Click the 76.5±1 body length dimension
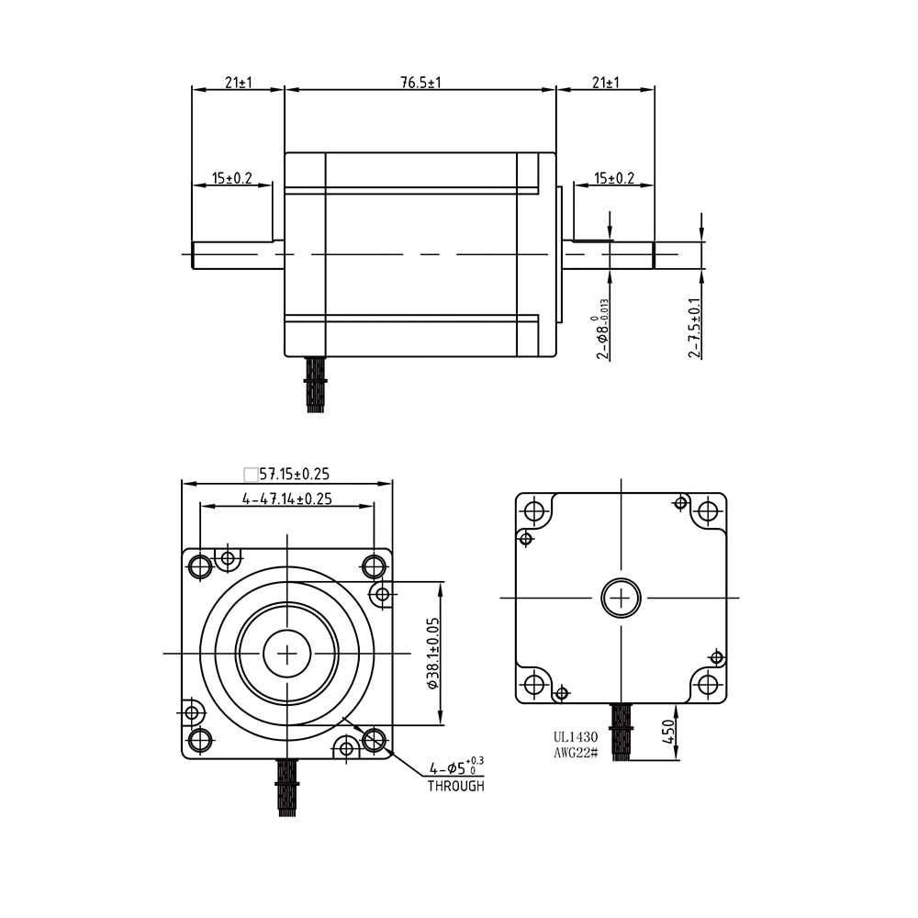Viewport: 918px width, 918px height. point(420,83)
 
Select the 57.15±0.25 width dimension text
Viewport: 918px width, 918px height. point(295,474)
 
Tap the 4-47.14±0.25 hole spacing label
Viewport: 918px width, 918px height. point(286,498)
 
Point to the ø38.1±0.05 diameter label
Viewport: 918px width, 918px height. point(433,653)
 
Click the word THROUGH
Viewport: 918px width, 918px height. point(456,787)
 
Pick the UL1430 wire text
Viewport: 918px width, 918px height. point(576,738)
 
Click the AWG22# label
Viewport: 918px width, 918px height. point(576,753)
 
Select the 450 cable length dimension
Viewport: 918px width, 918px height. point(668,732)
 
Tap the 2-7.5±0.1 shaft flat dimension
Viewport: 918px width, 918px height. point(694,328)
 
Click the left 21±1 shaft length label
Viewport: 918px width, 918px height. point(239,83)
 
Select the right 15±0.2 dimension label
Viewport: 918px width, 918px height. point(613,178)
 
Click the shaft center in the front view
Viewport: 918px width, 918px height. point(286,654)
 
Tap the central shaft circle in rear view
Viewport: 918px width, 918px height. point(621,598)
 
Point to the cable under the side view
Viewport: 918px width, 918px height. point(316,384)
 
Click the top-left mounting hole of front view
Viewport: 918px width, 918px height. point(200,566)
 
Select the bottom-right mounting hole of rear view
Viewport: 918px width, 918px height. point(708,684)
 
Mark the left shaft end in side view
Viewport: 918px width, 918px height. point(193,255)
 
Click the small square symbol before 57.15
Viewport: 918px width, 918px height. point(251,474)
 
